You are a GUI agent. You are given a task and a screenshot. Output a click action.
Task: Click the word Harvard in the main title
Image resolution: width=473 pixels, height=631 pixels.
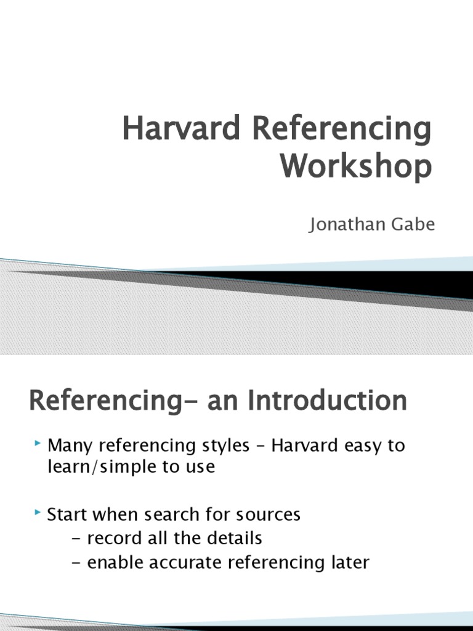pos(181,128)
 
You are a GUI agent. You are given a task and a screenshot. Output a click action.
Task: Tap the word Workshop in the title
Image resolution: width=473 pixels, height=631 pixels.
pos(357,166)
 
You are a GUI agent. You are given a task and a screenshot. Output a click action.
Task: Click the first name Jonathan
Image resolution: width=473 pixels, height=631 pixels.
pos(347,224)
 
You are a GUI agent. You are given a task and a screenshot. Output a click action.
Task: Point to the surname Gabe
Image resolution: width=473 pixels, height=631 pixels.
pos(413,224)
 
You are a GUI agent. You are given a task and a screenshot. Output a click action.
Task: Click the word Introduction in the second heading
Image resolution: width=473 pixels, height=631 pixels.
pos(327,401)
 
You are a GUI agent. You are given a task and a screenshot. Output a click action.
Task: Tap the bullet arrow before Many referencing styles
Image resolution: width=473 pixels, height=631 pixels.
pos(38,443)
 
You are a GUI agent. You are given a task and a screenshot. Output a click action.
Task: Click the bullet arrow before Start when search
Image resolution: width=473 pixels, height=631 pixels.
pos(38,512)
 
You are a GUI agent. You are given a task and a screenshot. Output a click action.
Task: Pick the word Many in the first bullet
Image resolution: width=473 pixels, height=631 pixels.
pos(70,446)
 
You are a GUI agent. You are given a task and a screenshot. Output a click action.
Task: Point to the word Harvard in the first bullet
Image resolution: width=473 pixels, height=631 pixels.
pos(304,446)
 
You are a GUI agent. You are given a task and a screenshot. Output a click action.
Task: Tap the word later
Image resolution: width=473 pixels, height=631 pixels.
pos(350,562)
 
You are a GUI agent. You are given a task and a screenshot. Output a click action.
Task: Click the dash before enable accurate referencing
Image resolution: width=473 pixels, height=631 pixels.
pos(76,563)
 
